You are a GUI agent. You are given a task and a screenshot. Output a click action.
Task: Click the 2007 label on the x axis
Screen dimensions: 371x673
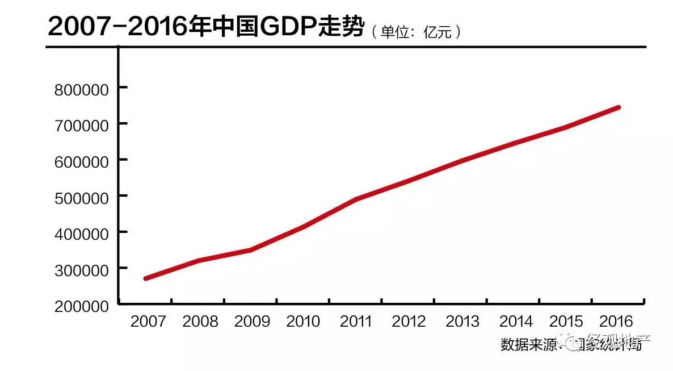[148, 322]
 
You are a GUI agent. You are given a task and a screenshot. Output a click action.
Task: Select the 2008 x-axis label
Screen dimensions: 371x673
[200, 322]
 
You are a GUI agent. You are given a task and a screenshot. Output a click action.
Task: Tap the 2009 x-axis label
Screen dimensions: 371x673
[252, 322]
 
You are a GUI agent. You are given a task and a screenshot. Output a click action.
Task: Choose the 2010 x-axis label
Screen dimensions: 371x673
[304, 322]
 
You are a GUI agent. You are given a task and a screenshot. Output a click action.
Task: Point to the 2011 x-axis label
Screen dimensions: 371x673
[356, 322]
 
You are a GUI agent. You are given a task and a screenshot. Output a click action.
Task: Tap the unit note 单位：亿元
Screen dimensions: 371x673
[416, 32]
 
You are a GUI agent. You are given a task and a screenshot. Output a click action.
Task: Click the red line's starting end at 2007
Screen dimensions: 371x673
[146, 278]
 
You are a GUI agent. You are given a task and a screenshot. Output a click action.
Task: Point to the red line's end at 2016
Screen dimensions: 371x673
[618, 107]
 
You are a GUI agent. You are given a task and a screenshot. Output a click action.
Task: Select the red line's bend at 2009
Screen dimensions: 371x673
[250, 250]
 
